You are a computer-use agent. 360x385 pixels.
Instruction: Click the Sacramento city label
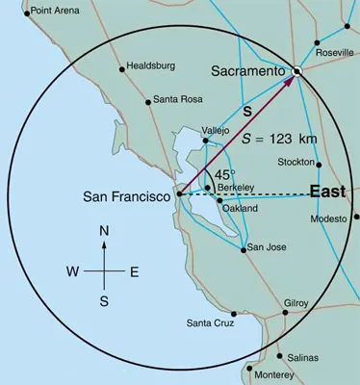[x=247, y=71]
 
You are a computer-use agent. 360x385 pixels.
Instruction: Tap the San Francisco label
[x=128, y=197]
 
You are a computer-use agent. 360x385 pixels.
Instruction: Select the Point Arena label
[x=56, y=12]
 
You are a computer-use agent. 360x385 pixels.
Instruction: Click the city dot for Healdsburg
[x=121, y=68]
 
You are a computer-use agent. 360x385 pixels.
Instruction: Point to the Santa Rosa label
[x=178, y=99]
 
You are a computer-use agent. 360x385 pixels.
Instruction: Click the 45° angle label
[x=224, y=174]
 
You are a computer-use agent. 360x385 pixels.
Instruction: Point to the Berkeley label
[x=236, y=188]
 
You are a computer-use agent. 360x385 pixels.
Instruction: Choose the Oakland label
[x=240, y=208]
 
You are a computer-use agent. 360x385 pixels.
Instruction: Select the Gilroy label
[x=296, y=303]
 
